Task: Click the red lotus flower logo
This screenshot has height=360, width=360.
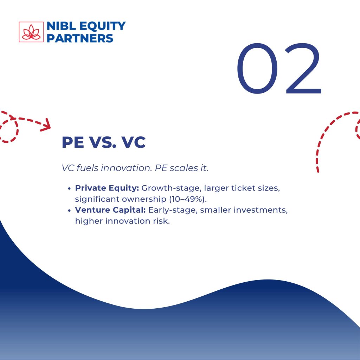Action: [x=31, y=32]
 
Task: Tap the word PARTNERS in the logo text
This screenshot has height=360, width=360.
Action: [x=80, y=38]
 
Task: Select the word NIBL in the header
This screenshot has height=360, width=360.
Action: [x=61, y=26]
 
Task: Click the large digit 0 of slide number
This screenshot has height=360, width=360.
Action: [x=257, y=69]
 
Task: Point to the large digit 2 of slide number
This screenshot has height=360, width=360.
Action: [x=303, y=69]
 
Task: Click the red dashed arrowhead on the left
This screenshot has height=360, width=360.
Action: [x=46, y=125]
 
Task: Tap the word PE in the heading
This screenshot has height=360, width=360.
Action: [x=73, y=142]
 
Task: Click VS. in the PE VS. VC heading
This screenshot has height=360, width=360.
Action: [x=102, y=142]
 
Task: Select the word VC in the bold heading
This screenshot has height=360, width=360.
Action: [x=133, y=142]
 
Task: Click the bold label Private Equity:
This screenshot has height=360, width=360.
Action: [x=107, y=188]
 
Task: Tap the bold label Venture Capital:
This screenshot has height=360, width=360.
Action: [x=110, y=210]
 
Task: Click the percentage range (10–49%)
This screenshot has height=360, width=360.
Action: [x=188, y=199]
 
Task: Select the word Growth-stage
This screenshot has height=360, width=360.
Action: [x=171, y=188]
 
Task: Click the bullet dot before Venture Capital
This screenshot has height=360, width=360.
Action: [x=69, y=210]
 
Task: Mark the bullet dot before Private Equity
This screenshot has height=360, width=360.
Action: [x=69, y=188]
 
